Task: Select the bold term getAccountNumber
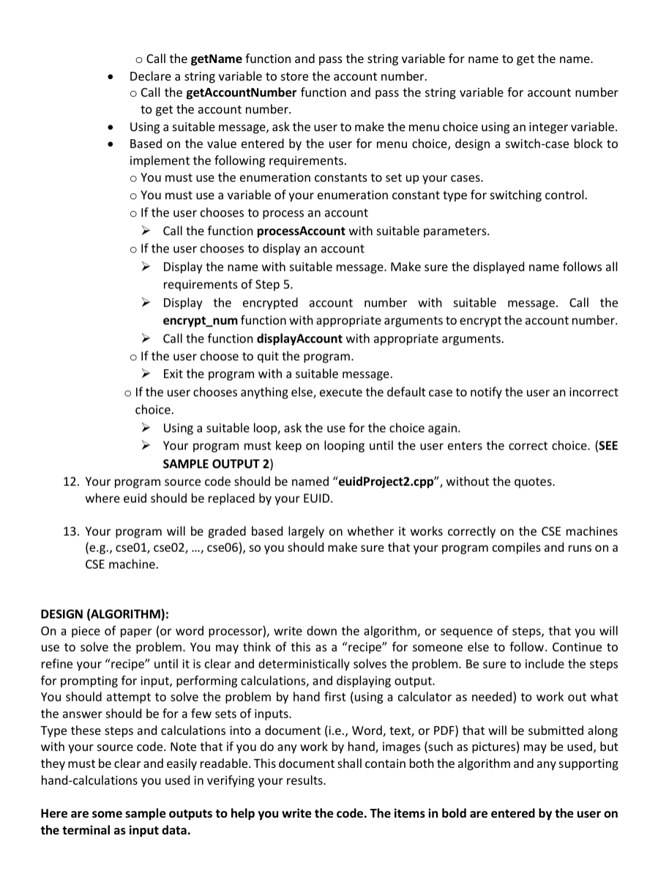(241, 93)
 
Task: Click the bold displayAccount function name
(299, 339)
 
